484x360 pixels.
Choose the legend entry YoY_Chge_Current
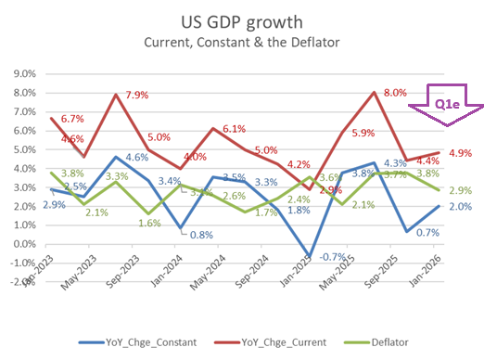269,341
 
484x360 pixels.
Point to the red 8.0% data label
395,93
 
